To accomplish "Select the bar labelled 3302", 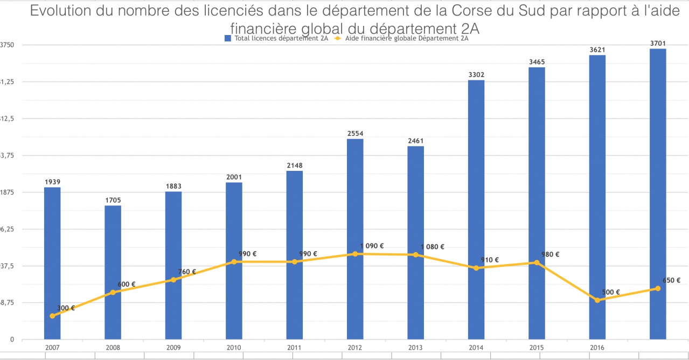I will pos(476,210).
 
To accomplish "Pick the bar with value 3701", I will pos(658,194).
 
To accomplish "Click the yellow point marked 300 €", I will pos(52,316).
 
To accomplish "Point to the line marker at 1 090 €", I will pos(355,254).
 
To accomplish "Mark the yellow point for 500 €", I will pos(597,300).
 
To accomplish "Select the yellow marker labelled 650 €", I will pos(658,288).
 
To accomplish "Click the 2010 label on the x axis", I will pos(234,348).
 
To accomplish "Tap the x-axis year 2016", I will pos(597,348).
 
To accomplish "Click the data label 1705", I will pos(113,200).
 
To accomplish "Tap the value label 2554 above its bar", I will pos(355,133).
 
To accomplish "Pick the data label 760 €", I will pos(187,272).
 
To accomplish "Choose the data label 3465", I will pos(537,62).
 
